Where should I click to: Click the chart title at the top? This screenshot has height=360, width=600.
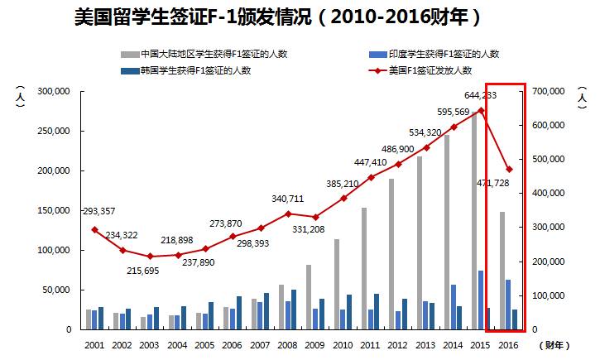tap(277, 17)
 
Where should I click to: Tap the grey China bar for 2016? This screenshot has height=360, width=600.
tap(502, 271)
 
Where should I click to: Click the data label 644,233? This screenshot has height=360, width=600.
tap(481, 95)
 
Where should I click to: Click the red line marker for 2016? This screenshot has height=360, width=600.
tap(509, 170)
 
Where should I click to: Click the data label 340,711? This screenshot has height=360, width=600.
tap(287, 199)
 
